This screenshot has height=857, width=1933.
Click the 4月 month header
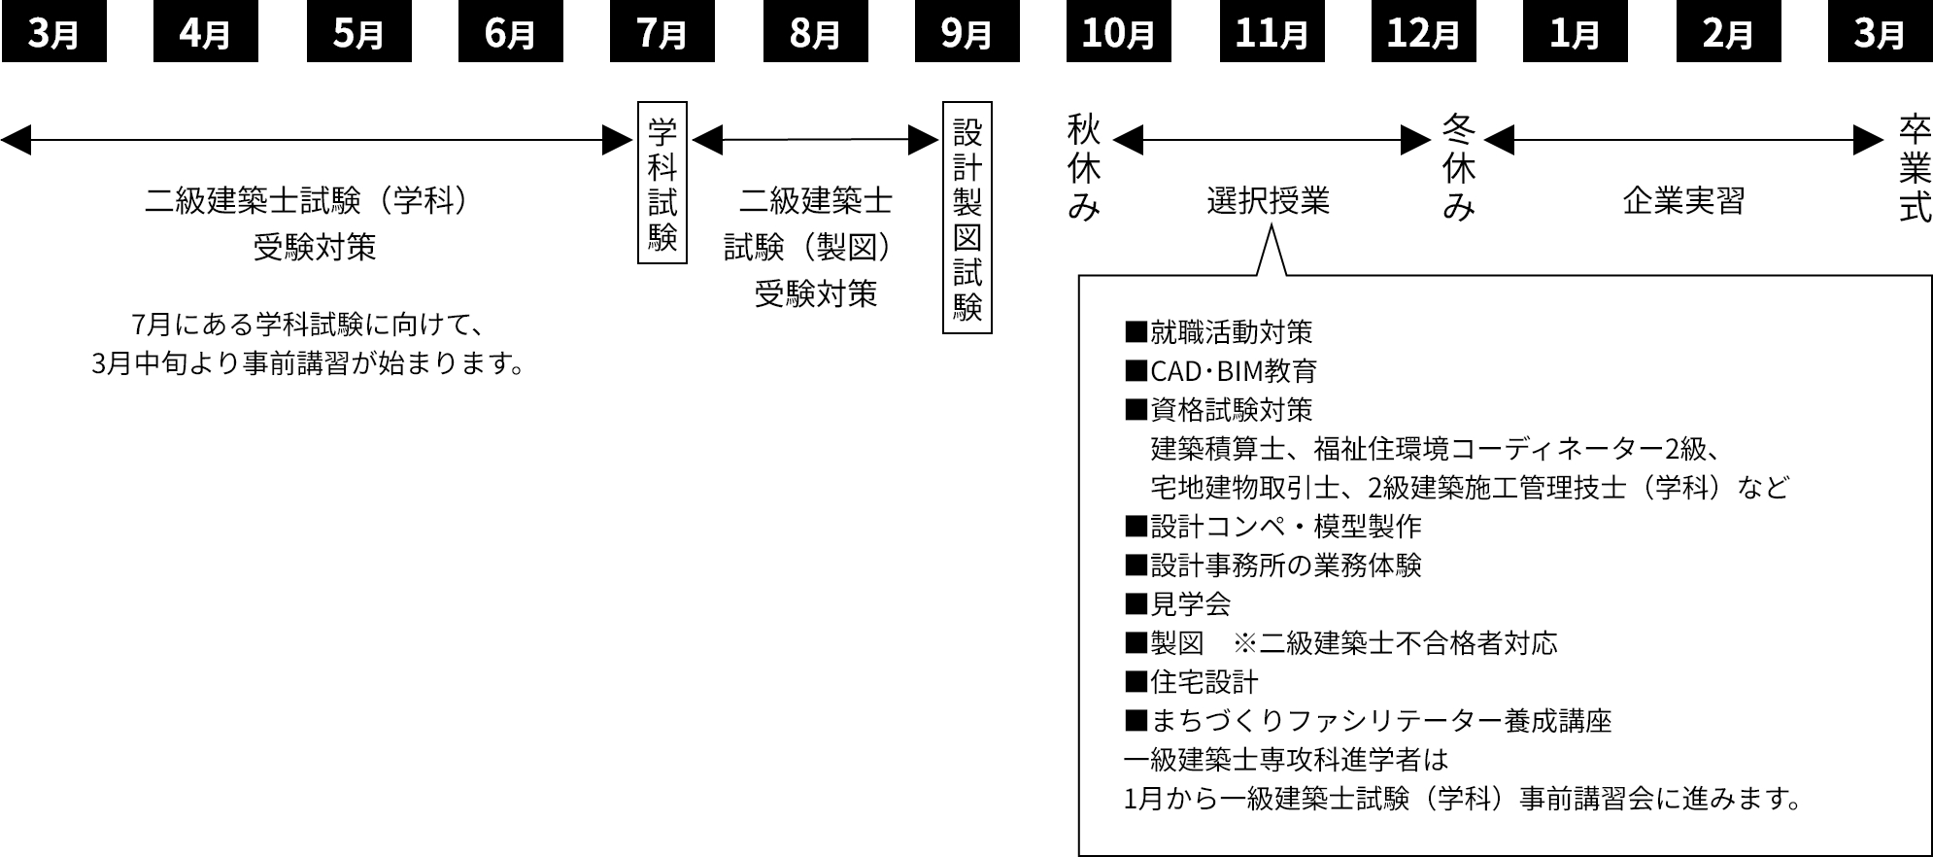pos(205,34)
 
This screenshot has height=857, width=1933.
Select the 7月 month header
pos(662,34)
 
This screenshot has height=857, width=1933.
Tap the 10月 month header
pos(1118,34)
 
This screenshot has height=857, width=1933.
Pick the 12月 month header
pos(1423,34)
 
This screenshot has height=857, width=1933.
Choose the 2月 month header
pos(1727,34)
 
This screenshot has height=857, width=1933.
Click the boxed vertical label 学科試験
pos(662,183)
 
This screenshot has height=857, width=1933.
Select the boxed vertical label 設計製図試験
pos(967,218)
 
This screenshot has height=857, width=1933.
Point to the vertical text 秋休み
pos(1083,167)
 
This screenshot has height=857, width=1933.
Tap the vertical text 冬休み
pos(1458,167)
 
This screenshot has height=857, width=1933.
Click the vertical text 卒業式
pos(1915,167)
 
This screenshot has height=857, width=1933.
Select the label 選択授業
pos(1269,201)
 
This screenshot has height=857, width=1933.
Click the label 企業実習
pos(1683,201)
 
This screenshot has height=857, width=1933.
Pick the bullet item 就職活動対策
pos(1219,332)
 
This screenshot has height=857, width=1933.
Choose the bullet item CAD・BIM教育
pos(1221,371)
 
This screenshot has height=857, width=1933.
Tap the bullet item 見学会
pos(1178,604)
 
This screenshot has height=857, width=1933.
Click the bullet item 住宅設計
pos(1192,682)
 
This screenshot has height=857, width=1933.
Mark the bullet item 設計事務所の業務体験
pos(1273,566)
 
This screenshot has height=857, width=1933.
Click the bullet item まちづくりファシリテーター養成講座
pos(1369,721)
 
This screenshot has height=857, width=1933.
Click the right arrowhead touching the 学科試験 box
pos(619,141)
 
